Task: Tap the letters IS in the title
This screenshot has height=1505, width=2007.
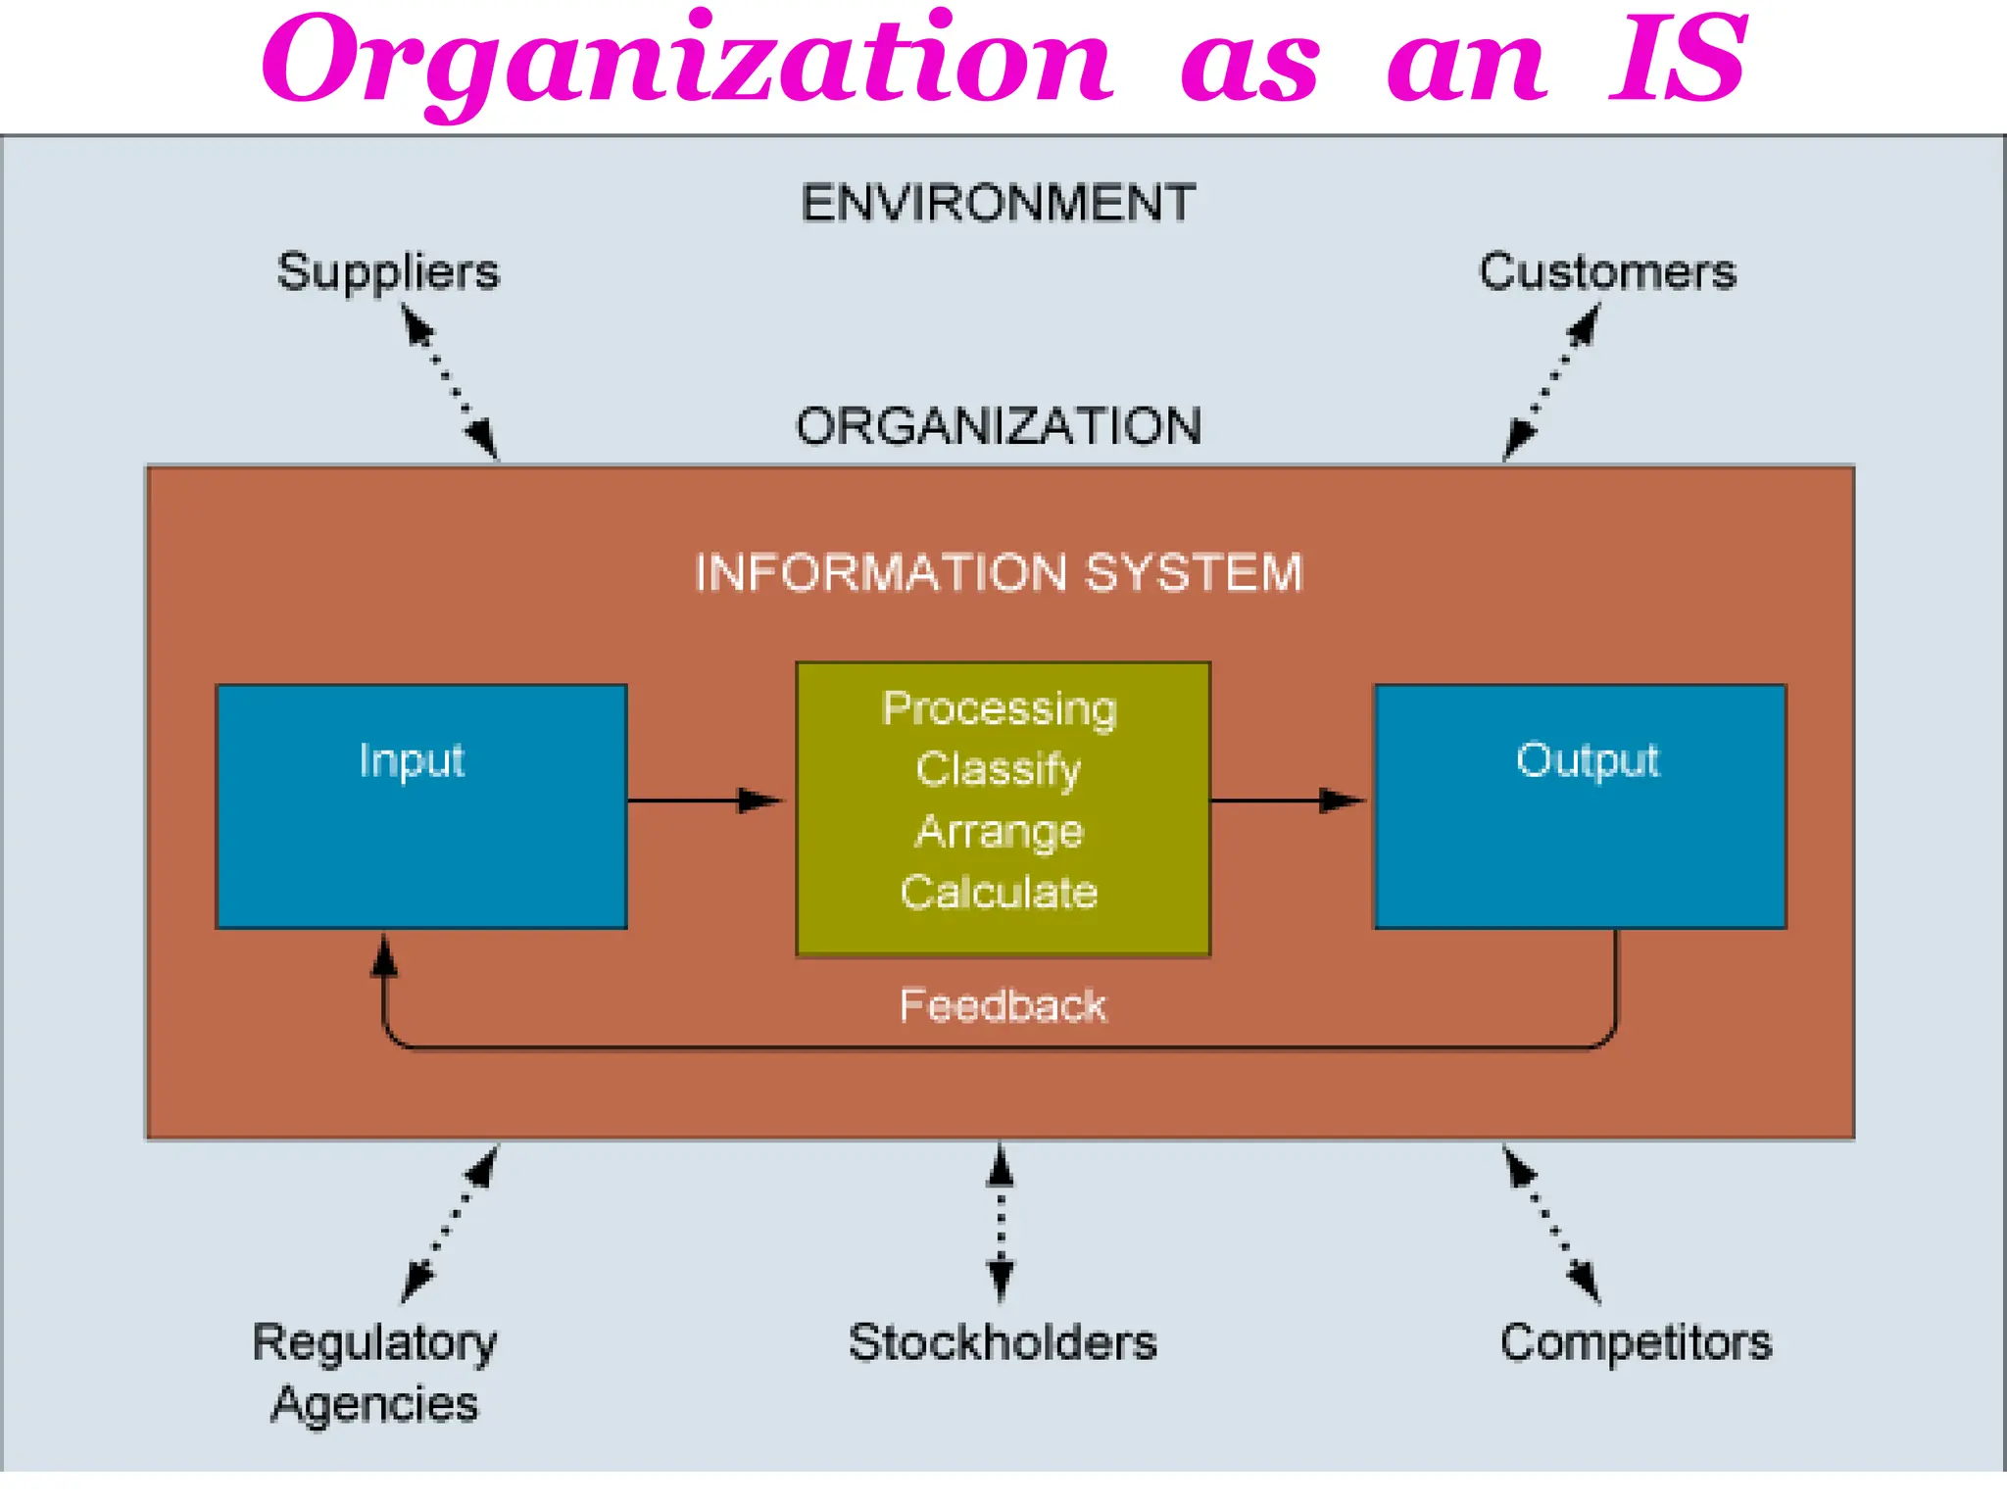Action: [x=1678, y=61]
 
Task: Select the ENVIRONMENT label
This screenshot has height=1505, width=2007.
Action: [x=998, y=204]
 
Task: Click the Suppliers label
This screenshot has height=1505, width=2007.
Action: [x=388, y=272]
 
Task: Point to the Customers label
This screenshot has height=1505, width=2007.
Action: [x=1607, y=272]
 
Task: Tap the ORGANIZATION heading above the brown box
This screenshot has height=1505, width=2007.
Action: [x=998, y=427]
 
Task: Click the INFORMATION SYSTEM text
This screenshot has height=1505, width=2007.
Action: [x=998, y=573]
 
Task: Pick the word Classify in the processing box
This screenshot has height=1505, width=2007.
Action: [x=998, y=769]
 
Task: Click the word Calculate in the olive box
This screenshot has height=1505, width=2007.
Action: [x=998, y=893]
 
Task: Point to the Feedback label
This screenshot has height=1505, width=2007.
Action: [x=1002, y=1006]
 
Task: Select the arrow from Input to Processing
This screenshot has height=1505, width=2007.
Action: [x=706, y=801]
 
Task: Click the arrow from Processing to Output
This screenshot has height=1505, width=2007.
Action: [x=1289, y=801]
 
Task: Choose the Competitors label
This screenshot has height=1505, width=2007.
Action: [x=1635, y=1342]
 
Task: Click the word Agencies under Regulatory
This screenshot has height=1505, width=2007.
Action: [x=374, y=1404]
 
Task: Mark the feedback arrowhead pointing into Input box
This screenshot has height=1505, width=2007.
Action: [x=384, y=955]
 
